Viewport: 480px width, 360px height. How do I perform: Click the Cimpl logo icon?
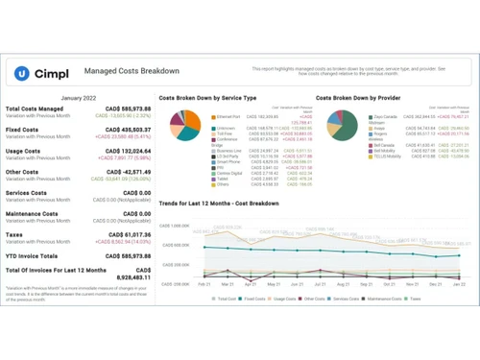tap(22, 73)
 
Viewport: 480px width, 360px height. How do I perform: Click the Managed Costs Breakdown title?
tap(132, 71)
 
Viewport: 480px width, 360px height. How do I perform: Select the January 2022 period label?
tap(78, 98)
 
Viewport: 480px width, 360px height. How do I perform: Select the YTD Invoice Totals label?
tap(33, 255)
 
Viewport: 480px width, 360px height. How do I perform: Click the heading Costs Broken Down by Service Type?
tap(207, 98)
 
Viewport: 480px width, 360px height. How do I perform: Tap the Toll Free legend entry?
tap(225, 134)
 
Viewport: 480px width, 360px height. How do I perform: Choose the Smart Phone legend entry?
tap(228, 161)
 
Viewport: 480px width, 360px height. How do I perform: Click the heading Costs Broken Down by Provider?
tap(359, 98)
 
